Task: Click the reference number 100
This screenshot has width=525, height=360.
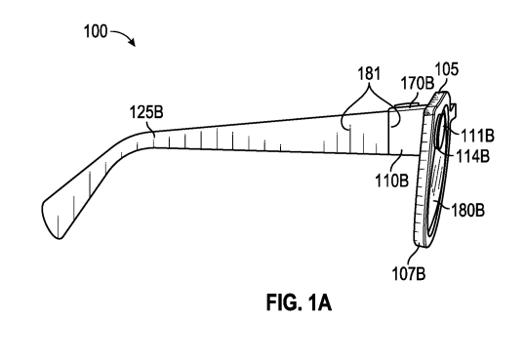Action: pyautogui.click(x=95, y=31)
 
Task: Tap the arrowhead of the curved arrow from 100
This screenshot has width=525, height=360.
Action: pyautogui.click(x=133, y=43)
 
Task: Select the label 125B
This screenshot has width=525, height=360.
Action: pyautogui.click(x=146, y=112)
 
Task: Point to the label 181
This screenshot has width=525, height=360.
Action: pyautogui.click(x=369, y=73)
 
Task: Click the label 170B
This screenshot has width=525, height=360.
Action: pyautogui.click(x=418, y=83)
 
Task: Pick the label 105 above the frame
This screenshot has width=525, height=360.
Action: pyautogui.click(x=446, y=69)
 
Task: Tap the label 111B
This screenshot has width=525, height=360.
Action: pyautogui.click(x=477, y=136)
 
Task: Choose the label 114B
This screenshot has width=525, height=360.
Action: pyautogui.click(x=473, y=156)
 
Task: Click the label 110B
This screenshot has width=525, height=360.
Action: pyautogui.click(x=391, y=180)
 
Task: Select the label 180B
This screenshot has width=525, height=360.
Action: pyautogui.click(x=467, y=211)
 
